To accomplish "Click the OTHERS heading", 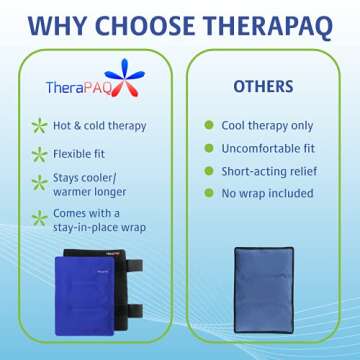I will click(263, 87).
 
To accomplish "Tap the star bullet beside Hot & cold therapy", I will click(39, 126).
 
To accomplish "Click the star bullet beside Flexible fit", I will click(39, 154).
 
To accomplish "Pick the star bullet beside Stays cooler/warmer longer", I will click(39, 183).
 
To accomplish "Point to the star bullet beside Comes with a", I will click(39, 218).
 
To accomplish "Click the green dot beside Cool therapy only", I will click(210, 126).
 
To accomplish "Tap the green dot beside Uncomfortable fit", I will click(210, 148).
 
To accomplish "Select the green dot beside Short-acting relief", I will click(210, 171).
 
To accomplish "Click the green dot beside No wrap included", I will click(210, 193).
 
